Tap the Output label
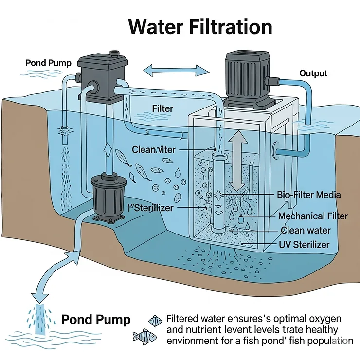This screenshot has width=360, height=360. pyautogui.click(x=313, y=73)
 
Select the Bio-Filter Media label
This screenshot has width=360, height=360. pyautogui.click(x=309, y=195)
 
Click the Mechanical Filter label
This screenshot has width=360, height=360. pyautogui.click(x=313, y=216)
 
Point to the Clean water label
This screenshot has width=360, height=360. pyautogui.click(x=306, y=230)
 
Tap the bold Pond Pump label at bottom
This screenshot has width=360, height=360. pyautogui.click(x=96, y=320)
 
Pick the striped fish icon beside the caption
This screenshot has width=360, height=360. pyautogui.click(x=144, y=336)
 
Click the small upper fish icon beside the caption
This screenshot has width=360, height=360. pyautogui.click(x=155, y=320)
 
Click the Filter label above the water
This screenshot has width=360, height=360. pyautogui.click(x=162, y=108)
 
